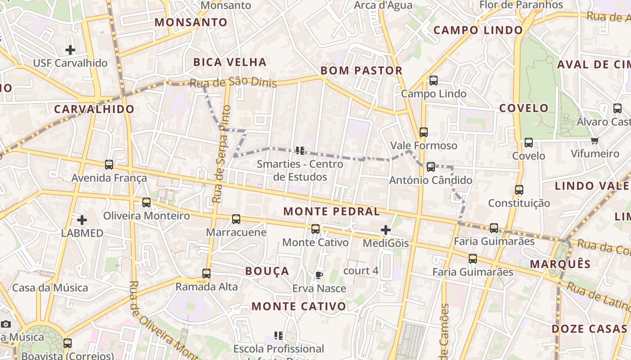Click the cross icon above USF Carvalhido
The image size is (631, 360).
click(70, 49)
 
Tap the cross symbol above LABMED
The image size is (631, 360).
click(82, 220)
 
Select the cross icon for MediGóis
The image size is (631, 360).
click(386, 230)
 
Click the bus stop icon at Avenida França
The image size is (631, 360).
click(109, 165)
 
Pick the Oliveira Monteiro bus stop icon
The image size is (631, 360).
click(146, 202)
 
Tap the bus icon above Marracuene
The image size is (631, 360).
click(236, 219)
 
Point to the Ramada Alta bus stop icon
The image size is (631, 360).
click(206, 273)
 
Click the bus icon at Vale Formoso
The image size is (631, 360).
click(424, 132)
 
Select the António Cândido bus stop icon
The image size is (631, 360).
click(431, 167)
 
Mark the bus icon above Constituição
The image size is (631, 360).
click(519, 190)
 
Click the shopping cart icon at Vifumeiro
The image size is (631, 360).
click(595, 140)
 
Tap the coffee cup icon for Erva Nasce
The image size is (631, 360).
click(319, 275)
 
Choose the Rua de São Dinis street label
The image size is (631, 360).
click(233, 83)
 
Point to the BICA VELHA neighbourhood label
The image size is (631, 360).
click(230, 62)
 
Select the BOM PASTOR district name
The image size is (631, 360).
click(361, 71)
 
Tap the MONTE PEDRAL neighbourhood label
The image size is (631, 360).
click(332, 211)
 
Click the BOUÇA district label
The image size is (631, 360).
click(267, 271)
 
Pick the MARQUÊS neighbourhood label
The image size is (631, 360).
click(560, 264)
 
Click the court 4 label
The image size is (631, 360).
click(361, 271)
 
